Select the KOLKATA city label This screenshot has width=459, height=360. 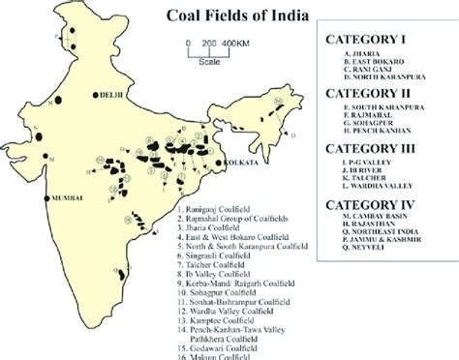(242, 165)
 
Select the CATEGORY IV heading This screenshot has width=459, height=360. (374, 204)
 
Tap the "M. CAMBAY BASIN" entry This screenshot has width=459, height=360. (374, 220)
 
